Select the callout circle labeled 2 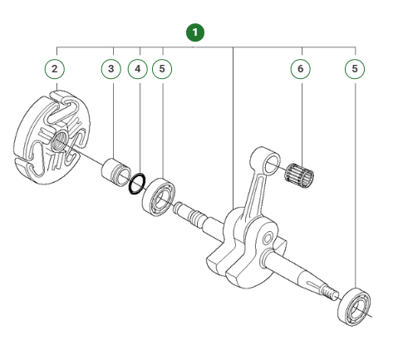(55, 68)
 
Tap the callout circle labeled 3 (113, 68)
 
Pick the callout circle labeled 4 (138, 68)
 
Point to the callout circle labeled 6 (300, 68)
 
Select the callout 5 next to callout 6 (356, 68)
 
